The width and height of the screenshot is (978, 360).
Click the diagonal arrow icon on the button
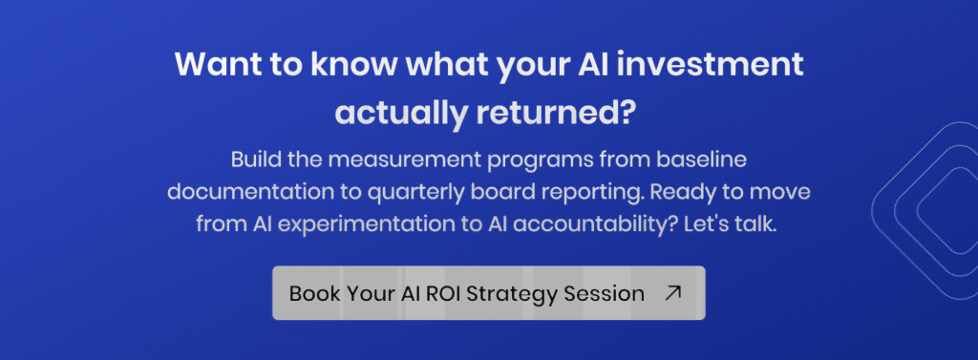click(673, 293)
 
